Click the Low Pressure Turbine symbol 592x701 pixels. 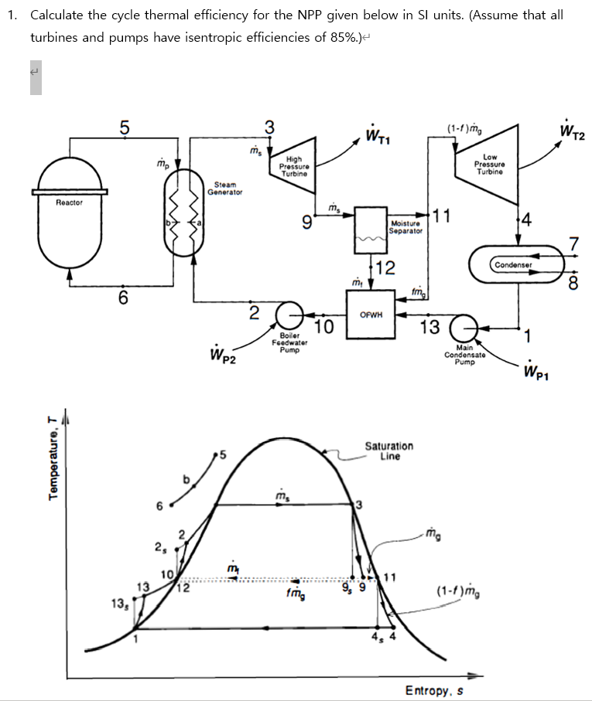[x=489, y=164]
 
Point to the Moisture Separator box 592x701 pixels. [x=370, y=229]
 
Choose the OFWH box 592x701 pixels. [x=370, y=313]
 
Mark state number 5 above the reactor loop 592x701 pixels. [x=124, y=128]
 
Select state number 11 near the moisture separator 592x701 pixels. [x=441, y=215]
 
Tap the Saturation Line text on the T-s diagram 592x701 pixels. [x=388, y=451]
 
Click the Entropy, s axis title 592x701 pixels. [x=434, y=690]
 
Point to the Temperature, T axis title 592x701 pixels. [x=53, y=468]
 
